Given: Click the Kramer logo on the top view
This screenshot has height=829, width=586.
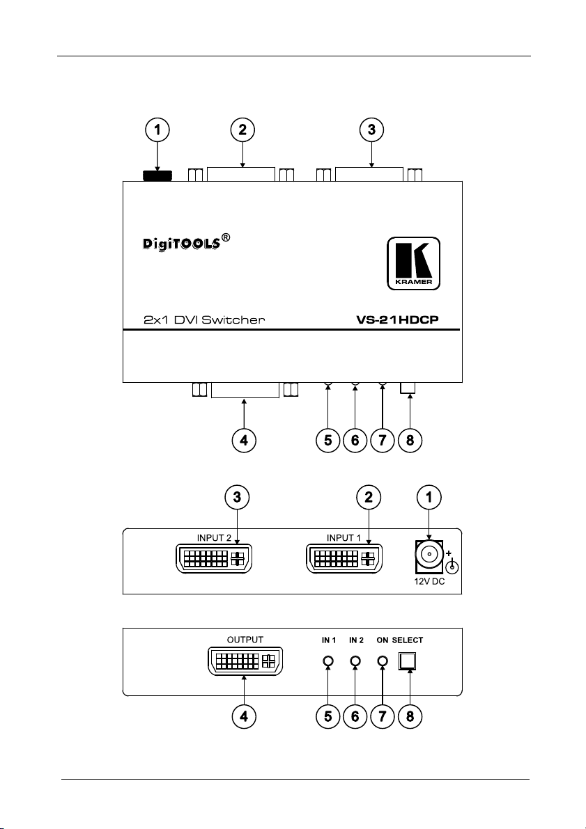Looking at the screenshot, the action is tap(413, 263).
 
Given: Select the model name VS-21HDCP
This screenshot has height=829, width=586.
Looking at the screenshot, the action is tap(398, 319).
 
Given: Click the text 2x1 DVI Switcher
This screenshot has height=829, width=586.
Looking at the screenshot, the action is tap(203, 319).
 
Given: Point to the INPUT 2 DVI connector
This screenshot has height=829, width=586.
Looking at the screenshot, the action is tap(213, 558).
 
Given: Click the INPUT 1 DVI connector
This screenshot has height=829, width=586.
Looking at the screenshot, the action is tap(345, 558).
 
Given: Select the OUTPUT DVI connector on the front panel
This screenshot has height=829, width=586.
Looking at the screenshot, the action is tap(245, 661).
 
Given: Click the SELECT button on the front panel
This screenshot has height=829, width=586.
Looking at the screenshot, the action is tap(408, 661).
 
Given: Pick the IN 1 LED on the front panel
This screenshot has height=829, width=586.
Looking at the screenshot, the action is tap(328, 661).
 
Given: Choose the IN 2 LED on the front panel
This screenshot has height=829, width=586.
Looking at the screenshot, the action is tap(356, 661).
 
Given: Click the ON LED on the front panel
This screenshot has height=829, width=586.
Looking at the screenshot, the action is tap(383, 661).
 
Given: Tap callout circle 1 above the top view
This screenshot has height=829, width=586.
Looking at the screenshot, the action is tap(157, 129).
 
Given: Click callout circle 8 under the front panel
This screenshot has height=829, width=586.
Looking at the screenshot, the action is tap(410, 717).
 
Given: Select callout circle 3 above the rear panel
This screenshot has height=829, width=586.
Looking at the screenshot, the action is tap(237, 497).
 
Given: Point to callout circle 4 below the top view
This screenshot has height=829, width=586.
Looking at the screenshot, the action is tap(243, 440).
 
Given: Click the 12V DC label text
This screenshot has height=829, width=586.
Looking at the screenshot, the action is tap(429, 582).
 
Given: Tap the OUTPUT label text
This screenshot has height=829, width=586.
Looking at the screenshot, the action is tap(245, 640).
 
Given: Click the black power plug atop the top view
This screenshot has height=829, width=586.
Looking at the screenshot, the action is tap(157, 176).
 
